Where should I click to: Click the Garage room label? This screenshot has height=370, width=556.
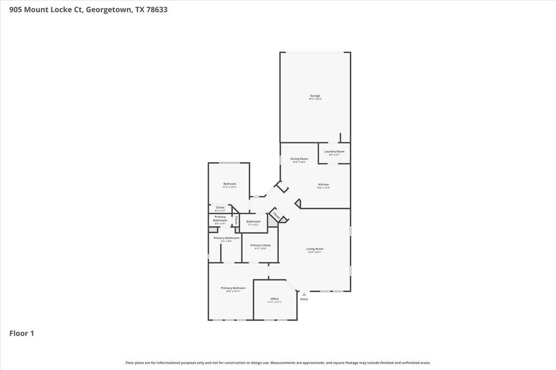(315, 96)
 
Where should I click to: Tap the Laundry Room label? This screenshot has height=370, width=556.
(334, 152)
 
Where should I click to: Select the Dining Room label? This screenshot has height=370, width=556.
(299, 159)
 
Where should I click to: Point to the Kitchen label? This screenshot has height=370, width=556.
(323, 185)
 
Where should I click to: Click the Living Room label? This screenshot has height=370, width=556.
(315, 249)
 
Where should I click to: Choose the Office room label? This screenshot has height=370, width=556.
(274, 299)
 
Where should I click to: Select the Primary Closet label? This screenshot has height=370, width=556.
(260, 245)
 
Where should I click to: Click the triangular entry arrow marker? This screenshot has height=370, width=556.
(304, 294)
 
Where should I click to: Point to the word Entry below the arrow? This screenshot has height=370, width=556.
(304, 299)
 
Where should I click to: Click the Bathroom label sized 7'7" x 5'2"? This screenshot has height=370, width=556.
(253, 222)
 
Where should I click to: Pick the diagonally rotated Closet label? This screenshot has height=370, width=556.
(277, 215)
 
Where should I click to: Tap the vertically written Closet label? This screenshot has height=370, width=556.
(236, 220)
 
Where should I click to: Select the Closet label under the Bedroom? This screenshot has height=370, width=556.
(220, 208)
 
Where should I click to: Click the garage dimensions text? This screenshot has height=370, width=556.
(315, 99)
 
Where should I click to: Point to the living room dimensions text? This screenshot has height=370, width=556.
(315, 253)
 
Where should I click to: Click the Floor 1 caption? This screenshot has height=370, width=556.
(22, 333)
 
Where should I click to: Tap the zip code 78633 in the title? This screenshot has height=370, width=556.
(157, 9)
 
